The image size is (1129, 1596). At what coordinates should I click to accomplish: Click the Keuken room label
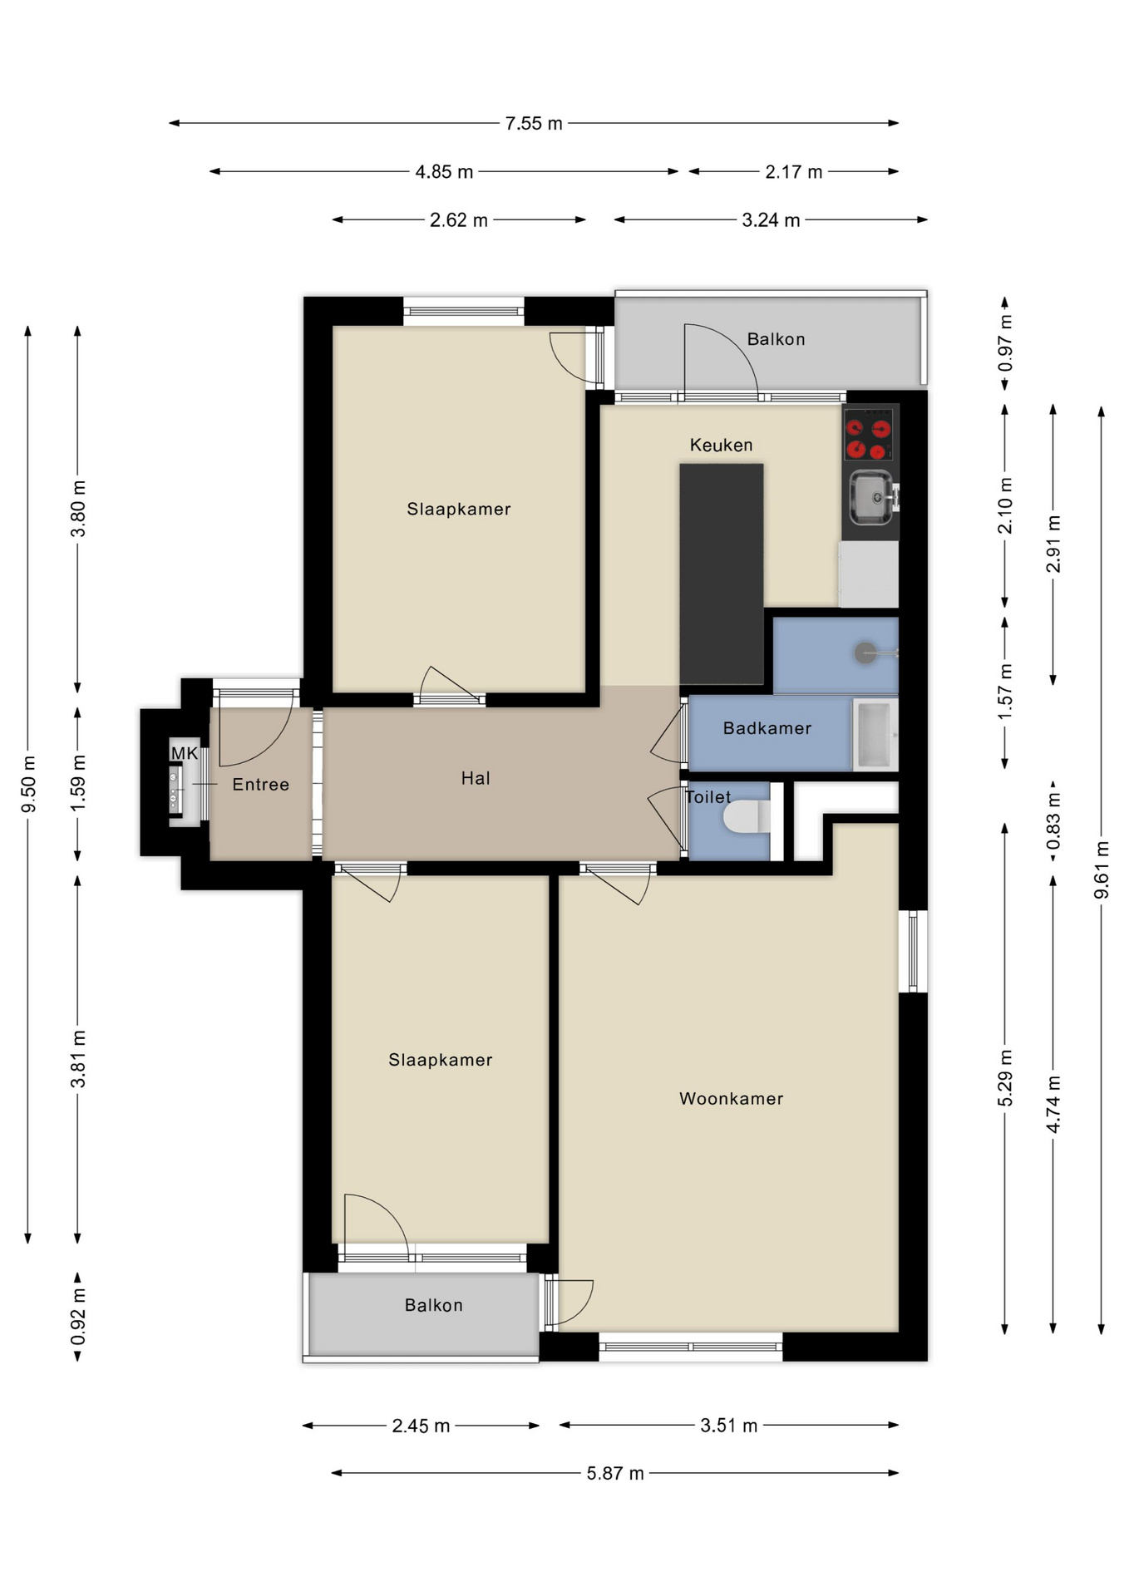[x=721, y=445]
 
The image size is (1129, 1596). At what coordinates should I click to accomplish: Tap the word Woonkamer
[x=731, y=1098]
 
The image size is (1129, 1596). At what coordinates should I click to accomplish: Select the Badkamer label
[x=767, y=728]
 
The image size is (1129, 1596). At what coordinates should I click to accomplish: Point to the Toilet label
[x=708, y=797]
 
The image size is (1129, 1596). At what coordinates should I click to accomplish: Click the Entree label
[x=260, y=784]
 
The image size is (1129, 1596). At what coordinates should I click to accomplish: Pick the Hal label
[x=476, y=778]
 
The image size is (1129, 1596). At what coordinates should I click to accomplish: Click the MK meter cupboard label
[x=185, y=753]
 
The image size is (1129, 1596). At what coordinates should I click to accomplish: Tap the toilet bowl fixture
[x=747, y=816]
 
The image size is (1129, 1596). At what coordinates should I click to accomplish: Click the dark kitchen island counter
[x=721, y=574]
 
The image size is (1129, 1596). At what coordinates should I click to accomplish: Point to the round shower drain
[x=865, y=653]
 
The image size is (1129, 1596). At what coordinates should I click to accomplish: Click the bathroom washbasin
[x=875, y=734]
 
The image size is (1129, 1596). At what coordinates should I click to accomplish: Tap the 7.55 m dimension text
[x=534, y=123]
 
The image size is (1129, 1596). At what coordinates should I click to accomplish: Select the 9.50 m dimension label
[x=28, y=784]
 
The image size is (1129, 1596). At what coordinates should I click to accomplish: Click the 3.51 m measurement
[x=728, y=1425]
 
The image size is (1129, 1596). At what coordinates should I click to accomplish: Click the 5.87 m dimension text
[x=615, y=1473]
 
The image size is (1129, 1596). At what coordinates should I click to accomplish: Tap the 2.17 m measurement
[x=793, y=171]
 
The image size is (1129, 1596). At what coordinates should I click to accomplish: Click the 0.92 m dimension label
[x=78, y=1316]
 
